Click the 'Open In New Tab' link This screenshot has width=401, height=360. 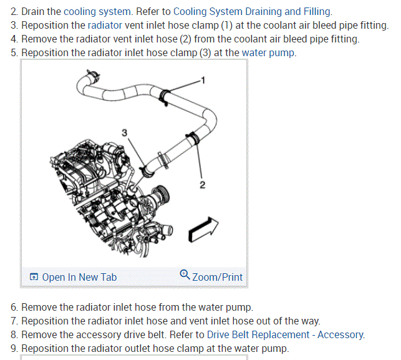coord(79,277)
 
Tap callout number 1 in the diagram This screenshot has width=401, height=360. coord(203,80)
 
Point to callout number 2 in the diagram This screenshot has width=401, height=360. coord(202,184)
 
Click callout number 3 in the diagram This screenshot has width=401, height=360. coord(124,132)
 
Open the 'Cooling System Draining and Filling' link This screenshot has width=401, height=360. coord(253,12)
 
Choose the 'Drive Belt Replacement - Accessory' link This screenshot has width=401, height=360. coord(286,334)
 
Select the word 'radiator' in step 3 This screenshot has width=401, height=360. coord(105,26)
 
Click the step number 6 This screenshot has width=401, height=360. coord(14,308)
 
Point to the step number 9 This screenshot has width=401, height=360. coord(14,348)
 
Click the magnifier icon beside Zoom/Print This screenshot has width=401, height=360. coord(185,275)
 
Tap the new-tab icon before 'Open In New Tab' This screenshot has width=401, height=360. coord(34,277)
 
